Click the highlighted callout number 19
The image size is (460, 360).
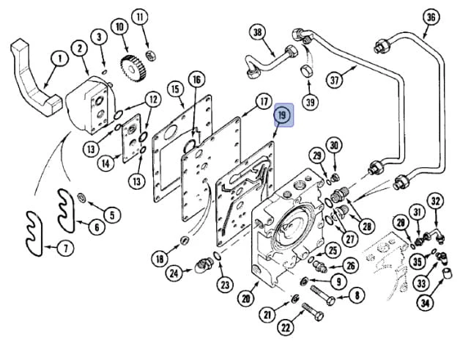tap(281, 115)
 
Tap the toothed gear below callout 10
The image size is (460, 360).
tap(133, 70)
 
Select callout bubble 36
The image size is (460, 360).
tap(431, 18)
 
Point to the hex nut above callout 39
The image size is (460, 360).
tap(307, 71)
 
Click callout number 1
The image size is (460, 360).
tap(60, 58)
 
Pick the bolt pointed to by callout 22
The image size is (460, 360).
tap(313, 312)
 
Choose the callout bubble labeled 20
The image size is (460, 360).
tap(246, 298)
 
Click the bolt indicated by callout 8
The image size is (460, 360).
tap(323, 295)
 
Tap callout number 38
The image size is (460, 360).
tap(257, 32)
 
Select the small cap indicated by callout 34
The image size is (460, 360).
tap(447, 273)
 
